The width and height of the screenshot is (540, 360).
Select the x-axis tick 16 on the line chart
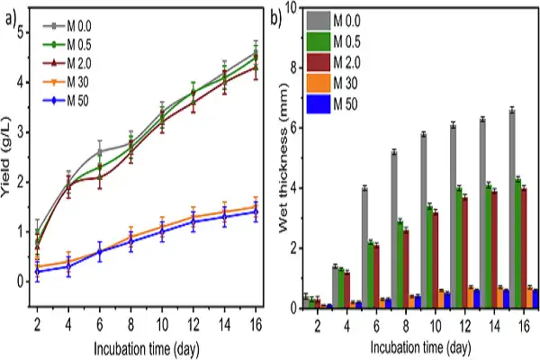[x=256, y=322]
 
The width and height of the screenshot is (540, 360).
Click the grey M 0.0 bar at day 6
[x=364, y=247]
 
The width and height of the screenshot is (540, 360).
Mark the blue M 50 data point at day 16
[x=256, y=211]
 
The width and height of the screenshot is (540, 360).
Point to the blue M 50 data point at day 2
[x=38, y=271]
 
